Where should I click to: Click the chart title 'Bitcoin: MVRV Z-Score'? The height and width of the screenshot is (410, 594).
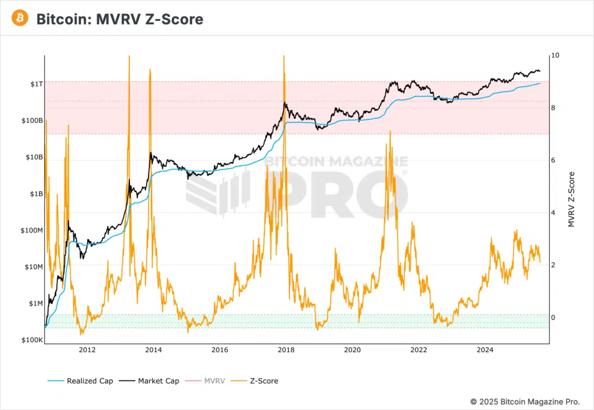pyautogui.click(x=119, y=19)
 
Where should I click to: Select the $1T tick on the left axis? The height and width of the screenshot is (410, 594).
pyautogui.click(x=36, y=84)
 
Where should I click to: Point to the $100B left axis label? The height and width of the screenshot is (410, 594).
pyautogui.click(x=31, y=121)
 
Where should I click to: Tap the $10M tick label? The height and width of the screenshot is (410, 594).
pyautogui.click(x=32, y=267)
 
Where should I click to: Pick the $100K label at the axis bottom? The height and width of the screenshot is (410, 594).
pyautogui.click(x=31, y=340)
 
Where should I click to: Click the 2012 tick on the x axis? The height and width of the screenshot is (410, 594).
pyautogui.click(x=87, y=350)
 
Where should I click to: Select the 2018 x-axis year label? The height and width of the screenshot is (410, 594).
pyautogui.click(x=285, y=350)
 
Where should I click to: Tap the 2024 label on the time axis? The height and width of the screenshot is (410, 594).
pyautogui.click(x=484, y=350)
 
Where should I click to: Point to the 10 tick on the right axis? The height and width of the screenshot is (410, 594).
pyautogui.click(x=556, y=56)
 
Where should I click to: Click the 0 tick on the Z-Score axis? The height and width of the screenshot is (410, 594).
pyautogui.click(x=553, y=317)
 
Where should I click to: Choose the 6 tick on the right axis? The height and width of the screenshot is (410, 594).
pyautogui.click(x=553, y=160)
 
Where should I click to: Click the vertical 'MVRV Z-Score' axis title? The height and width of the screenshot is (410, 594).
pyautogui.click(x=571, y=199)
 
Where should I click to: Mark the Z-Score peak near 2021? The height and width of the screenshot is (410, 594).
pyautogui.click(x=390, y=132)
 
